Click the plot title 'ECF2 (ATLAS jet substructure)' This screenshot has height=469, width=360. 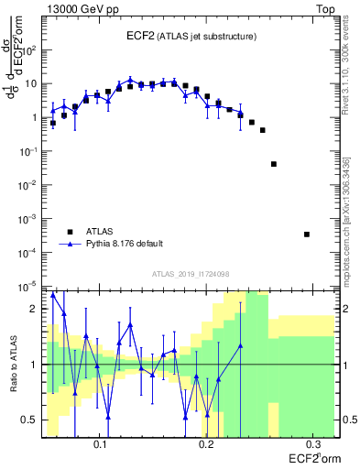tap(191, 36)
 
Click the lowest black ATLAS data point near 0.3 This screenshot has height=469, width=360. tap(307, 234)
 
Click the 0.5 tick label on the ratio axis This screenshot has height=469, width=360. tap(31, 420)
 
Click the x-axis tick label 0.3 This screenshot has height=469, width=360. tap(312, 447)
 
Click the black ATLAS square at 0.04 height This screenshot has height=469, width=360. tap(274, 164)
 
